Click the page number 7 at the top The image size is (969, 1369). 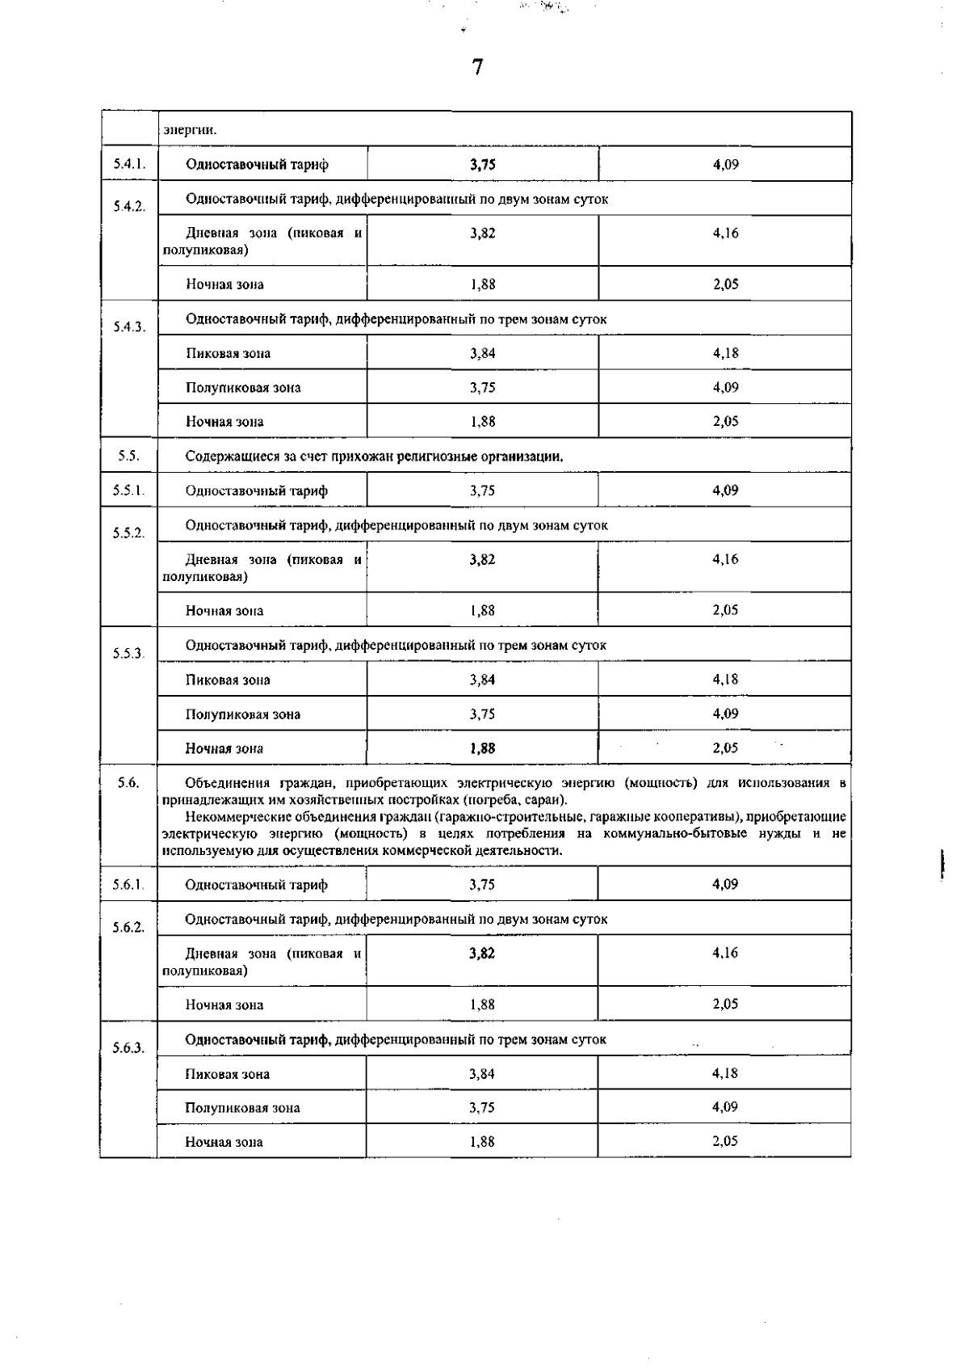click(x=477, y=68)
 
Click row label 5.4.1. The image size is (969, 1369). click(x=128, y=164)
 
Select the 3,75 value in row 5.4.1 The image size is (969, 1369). click(x=483, y=165)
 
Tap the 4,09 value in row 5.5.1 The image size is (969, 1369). click(x=725, y=490)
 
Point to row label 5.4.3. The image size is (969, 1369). click(x=128, y=326)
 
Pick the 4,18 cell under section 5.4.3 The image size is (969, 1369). click(x=725, y=353)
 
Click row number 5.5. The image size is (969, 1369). click(x=128, y=456)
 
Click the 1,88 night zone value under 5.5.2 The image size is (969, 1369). click(x=483, y=611)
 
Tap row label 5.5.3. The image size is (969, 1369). click(x=128, y=653)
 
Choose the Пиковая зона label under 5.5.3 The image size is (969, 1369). click(x=228, y=680)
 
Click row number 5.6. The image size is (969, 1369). click(x=128, y=782)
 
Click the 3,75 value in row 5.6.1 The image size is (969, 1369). click(x=482, y=885)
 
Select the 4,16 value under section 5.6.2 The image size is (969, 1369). click(x=725, y=953)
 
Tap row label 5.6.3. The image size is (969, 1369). click(x=128, y=1047)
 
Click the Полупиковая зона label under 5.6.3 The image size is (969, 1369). click(x=242, y=1108)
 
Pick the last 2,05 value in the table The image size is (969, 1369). click(x=725, y=1141)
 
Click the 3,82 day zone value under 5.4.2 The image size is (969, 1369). click(x=483, y=234)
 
